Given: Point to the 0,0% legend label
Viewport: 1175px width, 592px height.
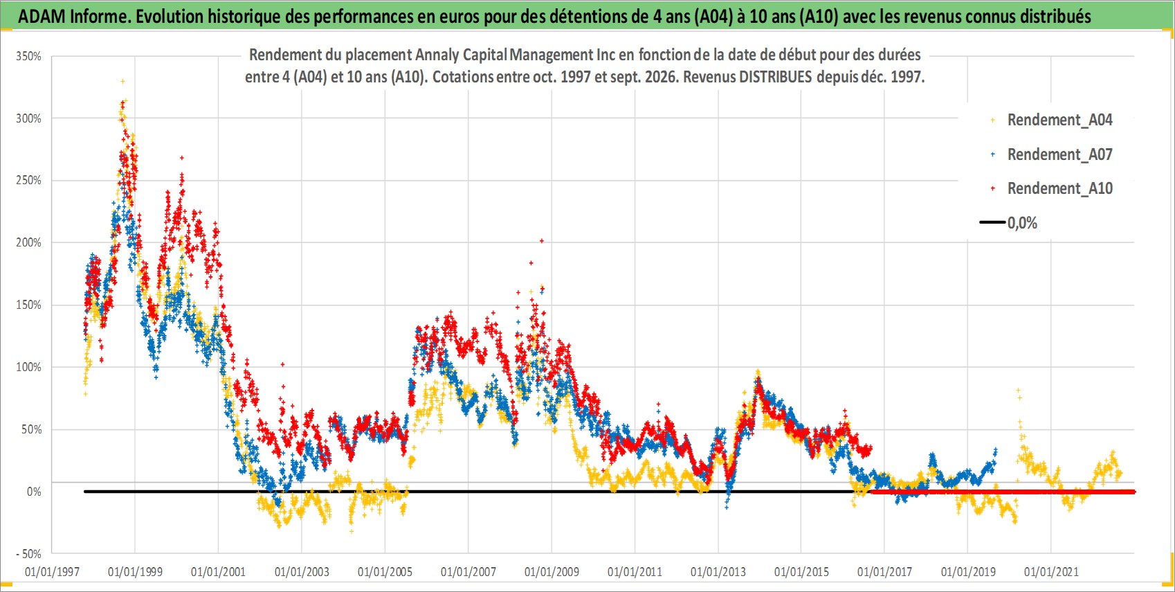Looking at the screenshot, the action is coord(1022,223).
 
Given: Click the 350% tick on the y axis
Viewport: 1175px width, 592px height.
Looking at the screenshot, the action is coord(28,56).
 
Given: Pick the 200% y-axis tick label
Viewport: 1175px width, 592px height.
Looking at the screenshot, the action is coord(28,242).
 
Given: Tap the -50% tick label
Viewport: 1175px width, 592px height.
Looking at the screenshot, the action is coord(28,554).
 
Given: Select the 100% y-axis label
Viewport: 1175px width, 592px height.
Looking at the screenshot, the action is coord(28,367).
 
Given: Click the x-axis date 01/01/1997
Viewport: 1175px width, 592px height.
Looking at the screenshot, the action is coord(52,571).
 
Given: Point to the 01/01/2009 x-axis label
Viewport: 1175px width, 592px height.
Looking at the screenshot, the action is coord(552,571).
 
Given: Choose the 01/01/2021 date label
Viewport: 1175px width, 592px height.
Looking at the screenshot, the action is coord(1051,571).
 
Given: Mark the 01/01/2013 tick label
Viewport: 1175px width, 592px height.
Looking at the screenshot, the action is coord(718,571).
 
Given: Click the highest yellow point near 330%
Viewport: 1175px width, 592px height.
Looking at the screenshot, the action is coord(122,81).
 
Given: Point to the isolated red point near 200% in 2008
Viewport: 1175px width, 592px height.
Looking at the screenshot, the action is coord(542,241).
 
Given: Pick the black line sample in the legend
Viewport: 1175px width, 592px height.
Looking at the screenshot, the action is coord(992,222).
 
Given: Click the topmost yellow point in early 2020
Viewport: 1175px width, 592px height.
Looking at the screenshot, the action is coord(1018,391).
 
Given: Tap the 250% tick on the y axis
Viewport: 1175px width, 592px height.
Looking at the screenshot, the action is coord(28,181).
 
